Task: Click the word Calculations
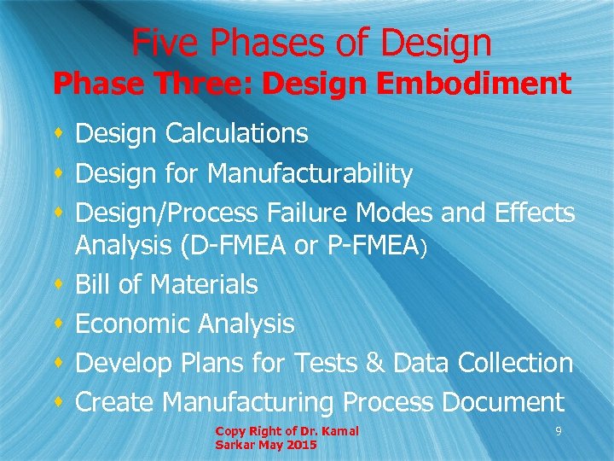click(236, 133)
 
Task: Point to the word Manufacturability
click(310, 174)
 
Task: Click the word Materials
click(205, 284)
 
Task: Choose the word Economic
click(134, 324)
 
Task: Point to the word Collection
click(515, 363)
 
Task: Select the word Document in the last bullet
click(512, 401)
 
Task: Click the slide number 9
click(558, 432)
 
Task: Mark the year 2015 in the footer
click(303, 445)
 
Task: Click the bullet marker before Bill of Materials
click(57, 284)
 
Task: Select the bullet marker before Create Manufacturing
click(57, 401)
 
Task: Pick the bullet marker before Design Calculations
click(57, 133)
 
